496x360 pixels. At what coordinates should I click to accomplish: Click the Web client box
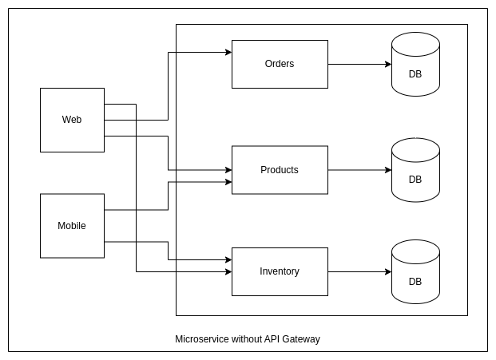tap(72, 120)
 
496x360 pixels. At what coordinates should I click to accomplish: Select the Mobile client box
tap(72, 226)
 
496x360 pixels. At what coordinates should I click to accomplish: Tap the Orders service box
tap(280, 64)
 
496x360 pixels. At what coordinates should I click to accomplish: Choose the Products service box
tap(280, 170)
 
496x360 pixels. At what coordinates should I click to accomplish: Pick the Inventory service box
tap(280, 271)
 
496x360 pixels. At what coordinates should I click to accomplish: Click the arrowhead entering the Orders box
tap(228, 52)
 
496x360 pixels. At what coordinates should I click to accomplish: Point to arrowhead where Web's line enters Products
tap(228, 170)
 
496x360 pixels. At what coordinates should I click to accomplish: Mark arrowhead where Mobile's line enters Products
tap(228, 182)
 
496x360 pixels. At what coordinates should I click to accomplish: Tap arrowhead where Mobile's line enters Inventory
tap(228, 259)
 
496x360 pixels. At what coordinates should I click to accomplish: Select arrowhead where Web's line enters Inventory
tap(228, 271)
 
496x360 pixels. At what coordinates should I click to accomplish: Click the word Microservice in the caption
tap(201, 339)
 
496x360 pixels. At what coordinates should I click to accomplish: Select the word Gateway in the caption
tap(302, 339)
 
